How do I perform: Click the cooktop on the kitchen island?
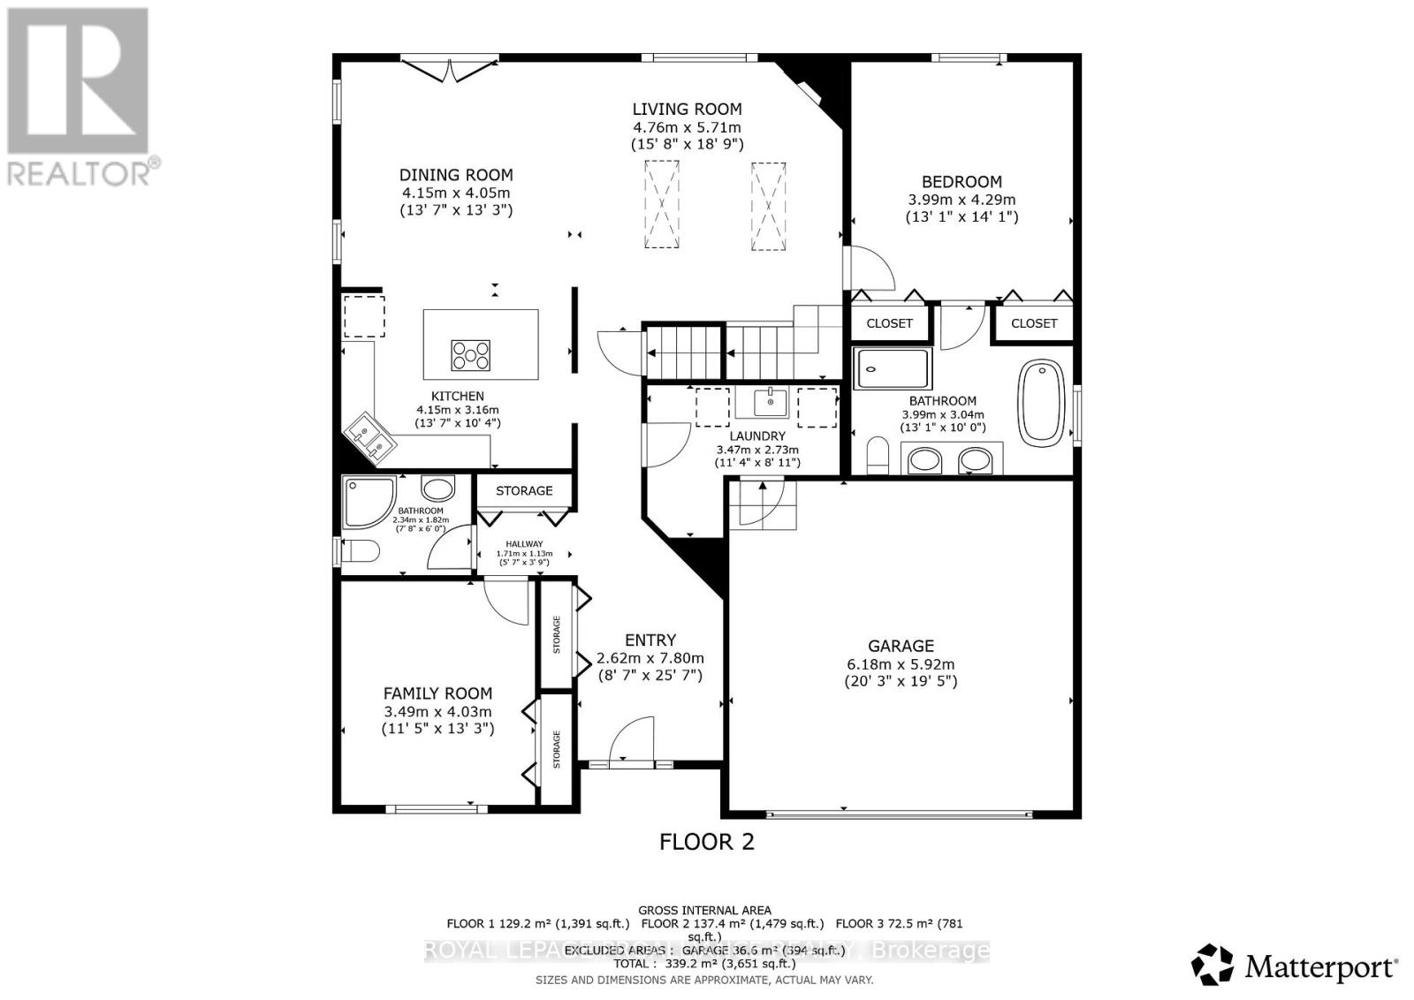pos(471,355)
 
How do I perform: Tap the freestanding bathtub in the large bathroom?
pos(1044,402)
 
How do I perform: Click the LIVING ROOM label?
pos(687,110)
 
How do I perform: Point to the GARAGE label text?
pos(901,646)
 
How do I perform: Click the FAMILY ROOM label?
pos(437,693)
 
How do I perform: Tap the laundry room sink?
pos(771,402)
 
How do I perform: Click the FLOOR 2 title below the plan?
pos(707,841)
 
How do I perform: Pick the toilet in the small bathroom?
pos(360,552)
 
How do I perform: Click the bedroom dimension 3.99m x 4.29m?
pos(962,200)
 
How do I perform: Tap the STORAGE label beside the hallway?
pos(524,490)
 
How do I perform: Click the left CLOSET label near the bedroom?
pos(889,323)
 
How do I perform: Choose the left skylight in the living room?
pos(662,204)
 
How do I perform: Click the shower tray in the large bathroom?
pos(893,368)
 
